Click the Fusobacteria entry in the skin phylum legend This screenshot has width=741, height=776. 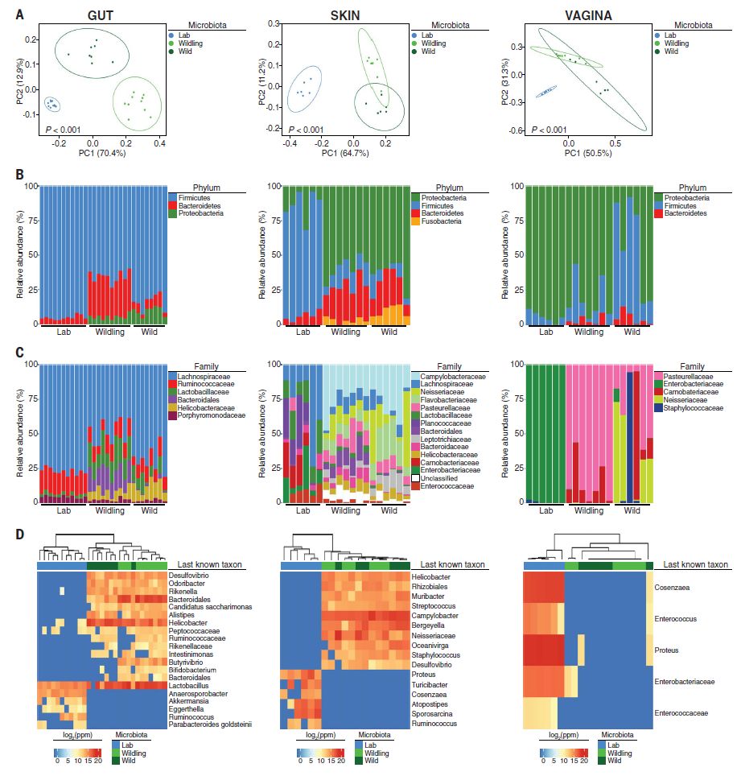[x=440, y=221]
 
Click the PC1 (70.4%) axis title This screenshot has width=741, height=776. [x=104, y=152]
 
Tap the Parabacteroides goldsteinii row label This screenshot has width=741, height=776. [x=211, y=724]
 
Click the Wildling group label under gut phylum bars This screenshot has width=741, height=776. [x=109, y=332]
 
